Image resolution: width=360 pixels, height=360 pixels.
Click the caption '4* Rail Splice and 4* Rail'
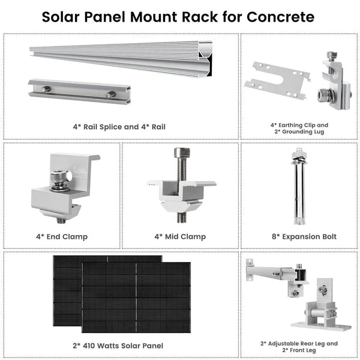119,127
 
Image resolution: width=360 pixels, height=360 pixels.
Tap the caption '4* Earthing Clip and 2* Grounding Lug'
299,129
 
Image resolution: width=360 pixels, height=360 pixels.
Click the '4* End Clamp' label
61,236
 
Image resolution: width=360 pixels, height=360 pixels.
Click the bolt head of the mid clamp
180,153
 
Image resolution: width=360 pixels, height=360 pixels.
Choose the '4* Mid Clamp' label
180,236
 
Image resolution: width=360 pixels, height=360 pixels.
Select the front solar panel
136,298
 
